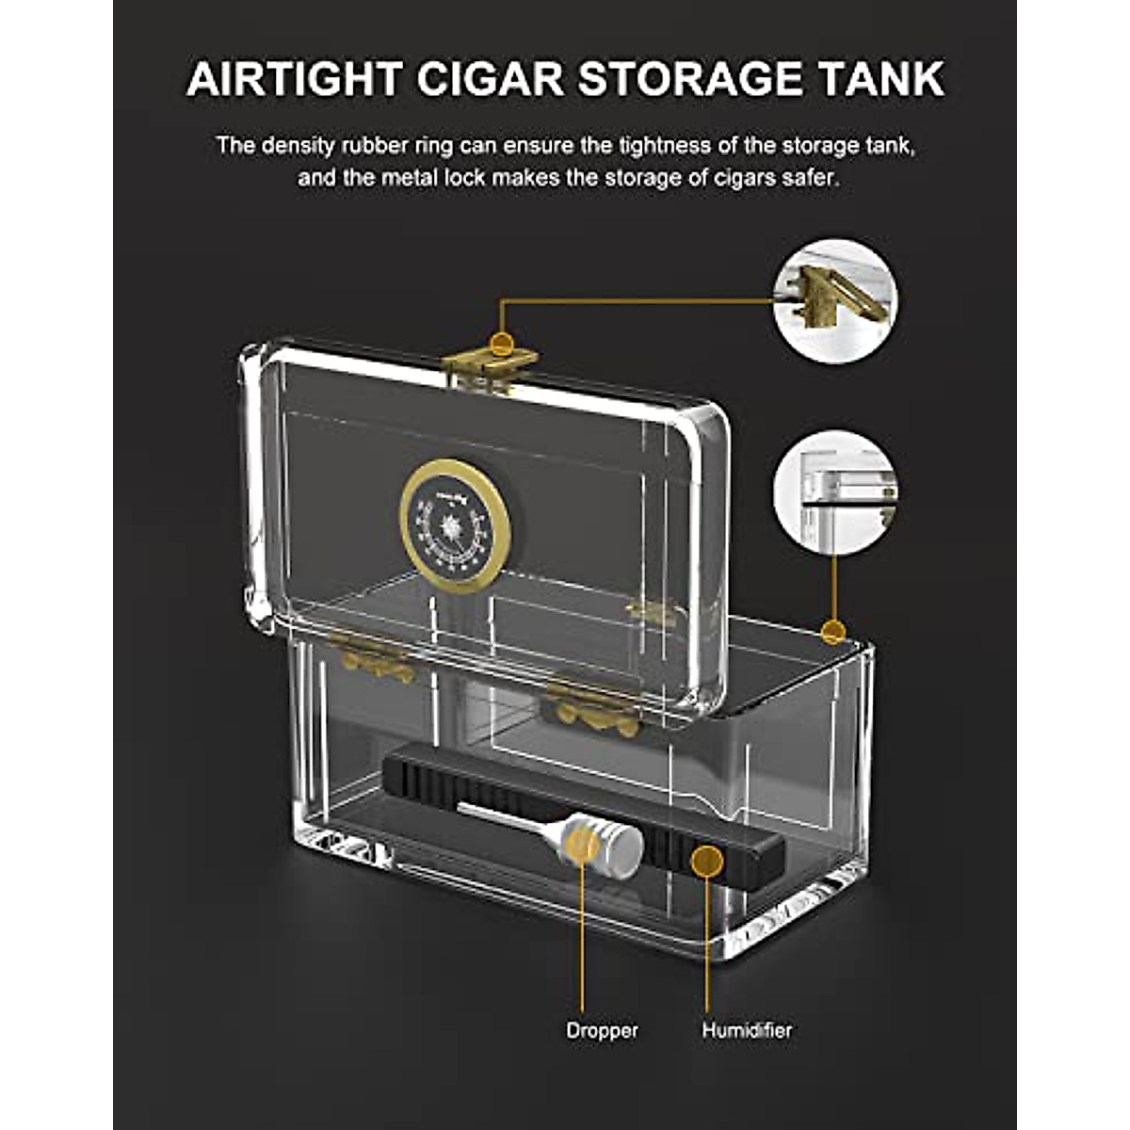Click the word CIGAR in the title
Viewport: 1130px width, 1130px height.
coord(489,78)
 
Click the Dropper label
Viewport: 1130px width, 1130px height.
coord(602,1030)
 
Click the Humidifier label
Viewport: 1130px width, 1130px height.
coord(747,1030)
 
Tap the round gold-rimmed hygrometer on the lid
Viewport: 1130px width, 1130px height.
coord(456,525)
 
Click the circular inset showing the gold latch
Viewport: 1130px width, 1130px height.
coord(834,301)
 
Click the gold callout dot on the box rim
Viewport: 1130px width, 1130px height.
coord(832,631)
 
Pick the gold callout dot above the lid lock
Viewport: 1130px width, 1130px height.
coord(503,344)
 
